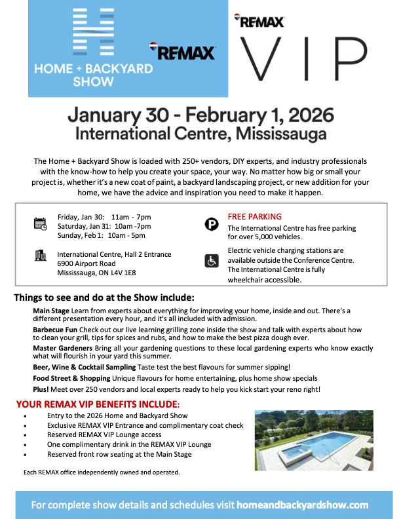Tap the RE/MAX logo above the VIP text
259,22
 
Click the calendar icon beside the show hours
41,224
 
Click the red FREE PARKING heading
255,216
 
